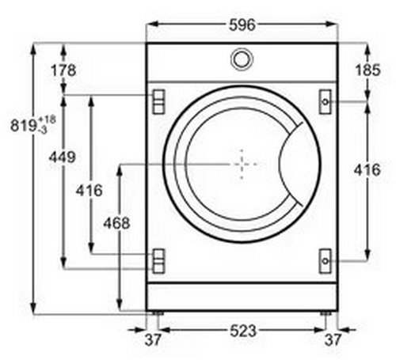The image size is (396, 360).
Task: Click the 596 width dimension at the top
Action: point(242,25)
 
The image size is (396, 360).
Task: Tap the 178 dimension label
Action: point(63,70)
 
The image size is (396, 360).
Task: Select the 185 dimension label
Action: point(367,70)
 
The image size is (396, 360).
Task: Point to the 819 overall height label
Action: point(23,126)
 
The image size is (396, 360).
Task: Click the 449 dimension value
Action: point(63,157)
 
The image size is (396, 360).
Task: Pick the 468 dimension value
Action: point(116,223)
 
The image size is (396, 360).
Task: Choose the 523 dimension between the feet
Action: point(243,331)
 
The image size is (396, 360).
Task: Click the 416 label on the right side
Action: point(367,170)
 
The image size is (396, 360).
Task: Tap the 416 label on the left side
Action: point(89,191)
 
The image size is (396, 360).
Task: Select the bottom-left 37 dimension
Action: point(153,339)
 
